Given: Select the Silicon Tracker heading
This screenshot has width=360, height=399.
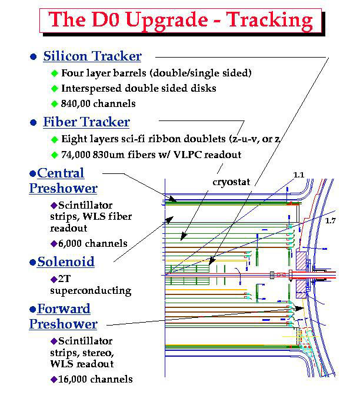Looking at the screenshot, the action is pos(92,56).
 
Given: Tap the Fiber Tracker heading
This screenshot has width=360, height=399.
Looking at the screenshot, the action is pos(86,122).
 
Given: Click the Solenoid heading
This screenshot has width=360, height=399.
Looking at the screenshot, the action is pos(66,262).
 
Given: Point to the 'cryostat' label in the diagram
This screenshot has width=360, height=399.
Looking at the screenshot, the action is pos(231,182).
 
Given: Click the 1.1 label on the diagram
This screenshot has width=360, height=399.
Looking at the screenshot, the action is pos(299,175).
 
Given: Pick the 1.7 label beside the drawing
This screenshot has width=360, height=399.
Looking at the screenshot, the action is pos(331,220).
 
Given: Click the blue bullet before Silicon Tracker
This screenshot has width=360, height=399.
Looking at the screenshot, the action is pos(34,56).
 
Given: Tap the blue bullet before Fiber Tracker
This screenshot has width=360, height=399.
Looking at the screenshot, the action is pos(34,122).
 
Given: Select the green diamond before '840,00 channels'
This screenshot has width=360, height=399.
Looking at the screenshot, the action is pos(55,104).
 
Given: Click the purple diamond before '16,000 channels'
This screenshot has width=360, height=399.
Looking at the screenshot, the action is pos(54,380).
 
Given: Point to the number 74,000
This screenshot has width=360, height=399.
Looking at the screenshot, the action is pos(76,155).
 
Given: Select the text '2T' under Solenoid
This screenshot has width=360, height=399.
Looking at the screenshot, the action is pos(64,279).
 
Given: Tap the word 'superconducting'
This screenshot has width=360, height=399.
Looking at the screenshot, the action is pos(91,291).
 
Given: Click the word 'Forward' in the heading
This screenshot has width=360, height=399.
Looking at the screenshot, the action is pos(64,309).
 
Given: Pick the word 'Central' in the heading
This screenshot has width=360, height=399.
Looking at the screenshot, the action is pos(61,173).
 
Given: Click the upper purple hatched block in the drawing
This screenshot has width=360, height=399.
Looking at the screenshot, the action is pos(301,261).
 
